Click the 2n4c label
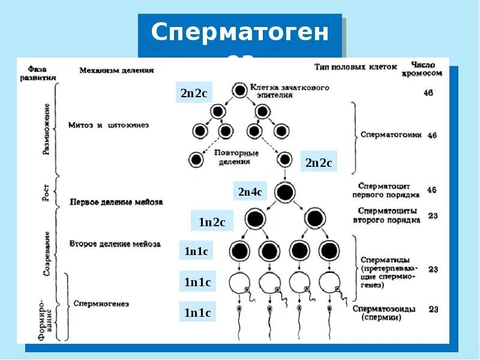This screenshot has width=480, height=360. (x=250, y=192)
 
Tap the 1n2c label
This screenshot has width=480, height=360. (x=212, y=222)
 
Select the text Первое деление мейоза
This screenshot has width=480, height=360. (x=116, y=202)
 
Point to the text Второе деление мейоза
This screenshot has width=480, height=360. (x=115, y=244)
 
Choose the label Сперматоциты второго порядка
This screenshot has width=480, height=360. (x=389, y=215)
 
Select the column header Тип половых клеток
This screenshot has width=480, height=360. (x=355, y=67)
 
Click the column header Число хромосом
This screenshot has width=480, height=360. (x=427, y=68)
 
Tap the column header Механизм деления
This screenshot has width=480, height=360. (x=116, y=70)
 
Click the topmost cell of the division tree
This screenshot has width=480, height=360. (x=239, y=90)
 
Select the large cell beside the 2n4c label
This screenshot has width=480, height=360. (x=285, y=192)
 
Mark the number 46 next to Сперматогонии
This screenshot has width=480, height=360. (x=431, y=136)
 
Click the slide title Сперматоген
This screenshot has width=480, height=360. (x=240, y=33)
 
